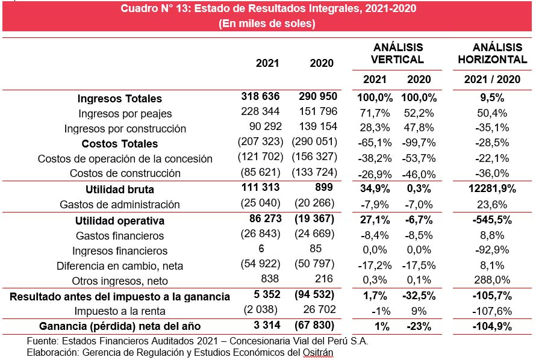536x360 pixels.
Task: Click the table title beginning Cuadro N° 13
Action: click(x=269, y=8)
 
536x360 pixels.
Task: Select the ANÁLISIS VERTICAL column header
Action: click(x=397, y=54)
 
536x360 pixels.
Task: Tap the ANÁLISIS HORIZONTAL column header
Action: click(x=493, y=54)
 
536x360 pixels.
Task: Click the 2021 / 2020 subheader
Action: click(x=492, y=79)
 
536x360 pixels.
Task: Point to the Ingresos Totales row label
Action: click(x=120, y=98)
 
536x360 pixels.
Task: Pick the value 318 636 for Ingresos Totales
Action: click(x=261, y=96)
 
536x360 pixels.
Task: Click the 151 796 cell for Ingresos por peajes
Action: click(x=318, y=111)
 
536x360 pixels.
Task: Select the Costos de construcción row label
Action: click(x=125, y=173)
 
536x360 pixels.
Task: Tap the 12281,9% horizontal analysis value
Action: click(x=492, y=188)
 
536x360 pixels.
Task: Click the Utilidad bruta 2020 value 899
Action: click(x=324, y=187)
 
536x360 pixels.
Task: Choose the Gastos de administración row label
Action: click(x=120, y=205)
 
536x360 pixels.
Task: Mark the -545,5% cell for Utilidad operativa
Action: click(x=492, y=220)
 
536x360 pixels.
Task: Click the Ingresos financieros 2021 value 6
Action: click(x=261, y=248)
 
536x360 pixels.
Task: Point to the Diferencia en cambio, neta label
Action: click(x=120, y=265)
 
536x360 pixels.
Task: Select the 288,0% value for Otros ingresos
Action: click(x=492, y=280)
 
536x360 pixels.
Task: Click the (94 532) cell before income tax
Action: click(x=314, y=294)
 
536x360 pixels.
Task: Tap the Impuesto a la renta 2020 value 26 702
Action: click(x=320, y=309)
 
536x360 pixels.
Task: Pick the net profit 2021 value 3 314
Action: click(x=267, y=325)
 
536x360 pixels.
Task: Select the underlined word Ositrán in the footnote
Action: click(x=318, y=352)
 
